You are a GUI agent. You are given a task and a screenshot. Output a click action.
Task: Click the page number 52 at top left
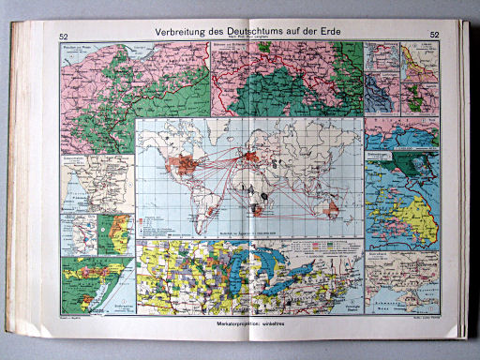64,36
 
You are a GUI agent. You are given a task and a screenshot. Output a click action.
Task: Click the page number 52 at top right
435,36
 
